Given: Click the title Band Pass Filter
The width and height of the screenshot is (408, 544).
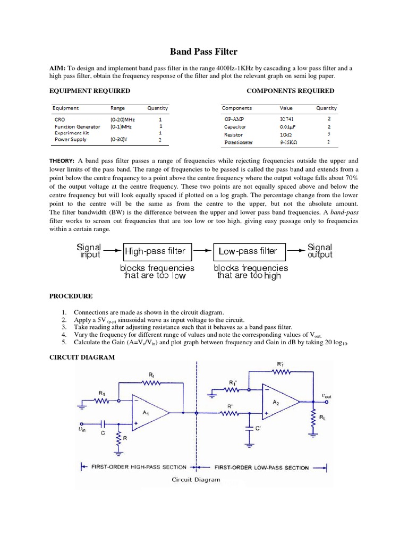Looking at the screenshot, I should tap(203, 52).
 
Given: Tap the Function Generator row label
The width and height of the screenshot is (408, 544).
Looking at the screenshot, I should tap(77, 127).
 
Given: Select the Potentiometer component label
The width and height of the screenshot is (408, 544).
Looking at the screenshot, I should tap(239, 142).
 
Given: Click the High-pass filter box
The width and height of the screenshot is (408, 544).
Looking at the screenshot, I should tap(155, 251).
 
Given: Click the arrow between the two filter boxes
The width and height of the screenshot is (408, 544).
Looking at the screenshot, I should tap(202, 251).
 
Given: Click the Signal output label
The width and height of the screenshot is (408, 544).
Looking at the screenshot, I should tap(319, 251).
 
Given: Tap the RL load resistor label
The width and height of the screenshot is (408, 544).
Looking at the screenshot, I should tap(323, 418).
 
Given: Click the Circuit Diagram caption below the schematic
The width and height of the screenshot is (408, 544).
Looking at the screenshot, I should tap(195, 479).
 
